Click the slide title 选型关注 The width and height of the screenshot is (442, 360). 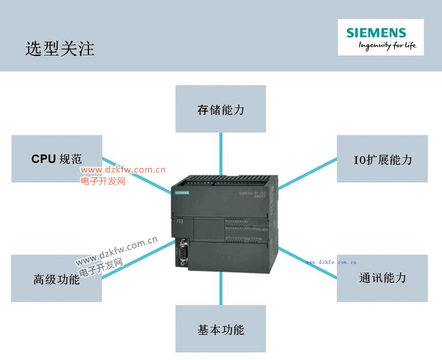click(60, 49)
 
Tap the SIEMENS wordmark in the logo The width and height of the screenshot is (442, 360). click(376, 33)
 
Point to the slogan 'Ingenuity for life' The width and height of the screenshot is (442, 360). click(387, 46)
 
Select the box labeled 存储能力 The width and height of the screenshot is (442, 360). click(221, 109)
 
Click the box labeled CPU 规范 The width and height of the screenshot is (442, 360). click(56, 159)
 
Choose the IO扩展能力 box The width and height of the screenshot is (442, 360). click(382, 159)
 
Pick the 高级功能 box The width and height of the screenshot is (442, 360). click(56, 278)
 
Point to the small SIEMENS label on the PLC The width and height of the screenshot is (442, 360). click(182, 193)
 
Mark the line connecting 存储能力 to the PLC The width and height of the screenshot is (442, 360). click(221, 154)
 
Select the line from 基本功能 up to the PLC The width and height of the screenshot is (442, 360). click(221, 289)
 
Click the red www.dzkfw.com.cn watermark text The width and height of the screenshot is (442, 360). click(123, 170)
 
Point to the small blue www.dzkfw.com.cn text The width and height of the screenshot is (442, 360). click(331, 262)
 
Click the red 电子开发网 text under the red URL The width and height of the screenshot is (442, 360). click(103, 181)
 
